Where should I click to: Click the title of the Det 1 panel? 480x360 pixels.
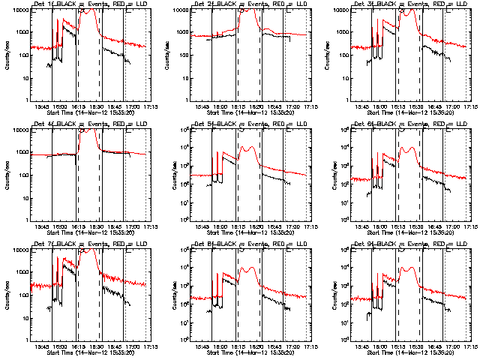coord(89,4)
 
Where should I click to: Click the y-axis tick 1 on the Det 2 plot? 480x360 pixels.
coord(185,100)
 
